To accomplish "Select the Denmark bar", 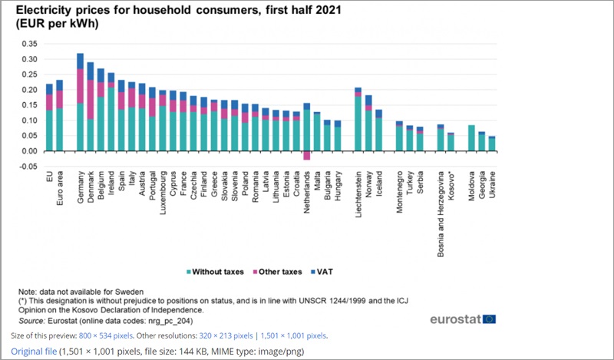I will [x=91, y=107].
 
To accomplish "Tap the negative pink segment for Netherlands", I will [x=307, y=155].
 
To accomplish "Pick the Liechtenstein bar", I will [x=358, y=119].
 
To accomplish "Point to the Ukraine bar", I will [x=492, y=144].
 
